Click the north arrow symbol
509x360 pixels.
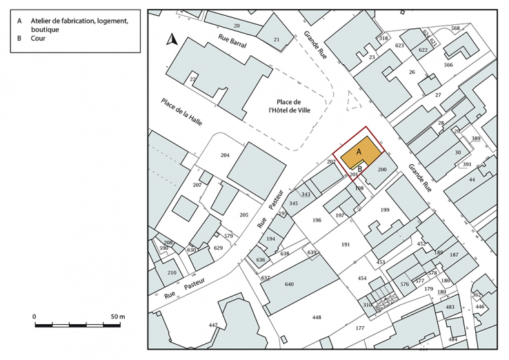point(173,39)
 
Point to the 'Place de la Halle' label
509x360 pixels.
point(179,116)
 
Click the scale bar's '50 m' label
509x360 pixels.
point(117,316)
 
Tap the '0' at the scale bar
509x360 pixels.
point(35,316)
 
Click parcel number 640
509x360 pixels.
point(289,284)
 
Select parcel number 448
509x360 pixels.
point(316,318)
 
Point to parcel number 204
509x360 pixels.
point(225,156)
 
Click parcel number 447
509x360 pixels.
point(213,325)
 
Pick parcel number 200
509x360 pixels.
point(383,169)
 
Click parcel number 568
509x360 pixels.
point(455,28)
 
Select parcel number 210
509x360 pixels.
point(172,272)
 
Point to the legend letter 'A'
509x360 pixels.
point(20,21)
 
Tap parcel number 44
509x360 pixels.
point(472,179)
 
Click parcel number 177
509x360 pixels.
point(359,328)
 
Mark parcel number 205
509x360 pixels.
point(243,215)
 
